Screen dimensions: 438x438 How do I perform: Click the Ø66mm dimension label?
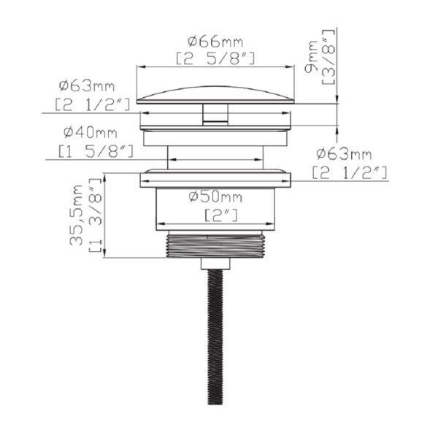[215, 42]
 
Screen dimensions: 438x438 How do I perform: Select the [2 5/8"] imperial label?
[215, 59]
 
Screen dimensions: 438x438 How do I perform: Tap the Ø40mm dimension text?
[90, 132]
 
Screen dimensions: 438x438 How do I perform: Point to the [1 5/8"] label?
[96, 151]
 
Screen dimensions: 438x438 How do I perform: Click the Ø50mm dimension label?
[215, 197]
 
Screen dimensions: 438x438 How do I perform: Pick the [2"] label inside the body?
[221, 215]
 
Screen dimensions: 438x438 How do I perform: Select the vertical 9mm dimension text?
[312, 56]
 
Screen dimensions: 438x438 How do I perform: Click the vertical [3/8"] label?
[328, 56]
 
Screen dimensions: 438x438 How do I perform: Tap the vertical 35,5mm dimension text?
[76, 215]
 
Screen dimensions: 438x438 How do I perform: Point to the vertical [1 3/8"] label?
[95, 215]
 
